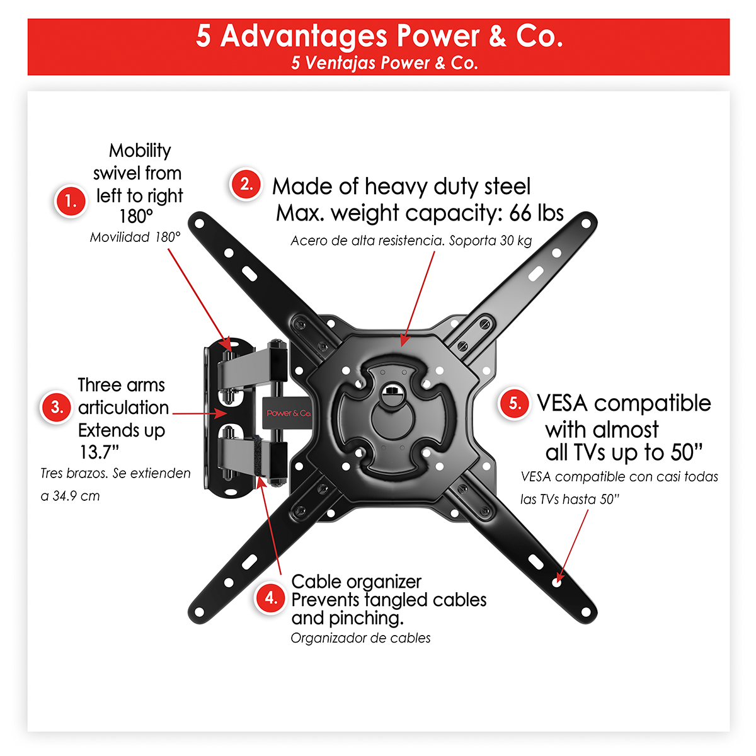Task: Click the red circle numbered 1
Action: pos(71,201)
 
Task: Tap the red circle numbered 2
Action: pos(246,184)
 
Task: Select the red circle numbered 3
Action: pos(57,407)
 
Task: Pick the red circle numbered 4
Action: pos(270,597)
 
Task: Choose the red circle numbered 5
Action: pos(514,403)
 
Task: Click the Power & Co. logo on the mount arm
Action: pos(289,413)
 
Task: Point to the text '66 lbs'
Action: pos(536,213)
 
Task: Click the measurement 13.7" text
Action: pos(99,452)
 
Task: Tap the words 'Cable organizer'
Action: pos(356,581)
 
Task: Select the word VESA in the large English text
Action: pos(563,403)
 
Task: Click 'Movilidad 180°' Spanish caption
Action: pos(135,237)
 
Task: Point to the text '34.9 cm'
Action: pos(76,496)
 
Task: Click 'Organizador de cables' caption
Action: pos(360,638)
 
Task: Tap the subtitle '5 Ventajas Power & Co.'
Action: pos(384,63)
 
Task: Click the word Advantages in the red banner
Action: pos(304,37)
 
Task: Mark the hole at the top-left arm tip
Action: pos(199,224)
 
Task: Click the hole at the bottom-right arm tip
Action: pos(586,612)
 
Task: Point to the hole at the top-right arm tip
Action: pos(586,224)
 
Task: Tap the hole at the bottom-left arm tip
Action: pos(199,612)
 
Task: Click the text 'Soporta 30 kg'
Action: pos(490,241)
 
